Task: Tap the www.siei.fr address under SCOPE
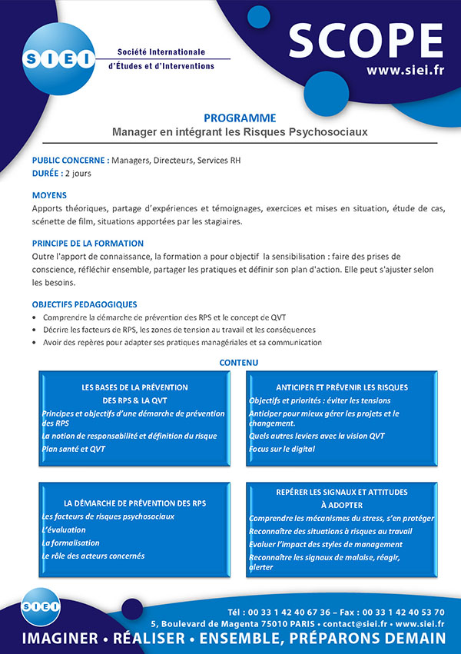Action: pos(405,71)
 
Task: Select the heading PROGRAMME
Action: pos(240,118)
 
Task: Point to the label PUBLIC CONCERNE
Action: pos(69,161)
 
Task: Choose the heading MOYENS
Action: pos(49,195)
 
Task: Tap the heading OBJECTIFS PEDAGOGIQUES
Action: pos(85,304)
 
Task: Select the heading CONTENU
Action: pos(239,362)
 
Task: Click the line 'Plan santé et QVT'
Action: pos(74,448)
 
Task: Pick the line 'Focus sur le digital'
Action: pos(282,448)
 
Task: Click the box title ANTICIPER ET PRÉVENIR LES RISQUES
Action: pos(342,387)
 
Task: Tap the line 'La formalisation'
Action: pos(70,543)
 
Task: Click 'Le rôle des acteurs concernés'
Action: pos(93,556)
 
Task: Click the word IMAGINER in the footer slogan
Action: pos(60,639)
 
